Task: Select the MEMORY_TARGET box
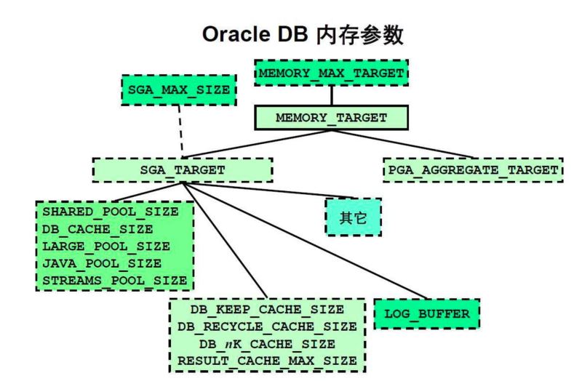tap(331, 117)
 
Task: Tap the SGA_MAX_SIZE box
tap(179, 90)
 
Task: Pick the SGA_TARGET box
tap(183, 169)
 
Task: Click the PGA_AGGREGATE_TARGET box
tap(473, 169)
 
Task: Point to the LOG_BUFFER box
tap(427, 313)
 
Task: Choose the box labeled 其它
tap(354, 216)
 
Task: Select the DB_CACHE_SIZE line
tap(99, 229)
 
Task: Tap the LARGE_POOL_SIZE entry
tap(106, 246)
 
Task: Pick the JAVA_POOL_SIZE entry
tap(103, 262)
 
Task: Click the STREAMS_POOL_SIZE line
tap(114, 279)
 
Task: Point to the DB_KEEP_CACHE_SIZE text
tap(267, 310)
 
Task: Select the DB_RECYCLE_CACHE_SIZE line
tap(267, 326)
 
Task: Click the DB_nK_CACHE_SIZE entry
tap(267, 343)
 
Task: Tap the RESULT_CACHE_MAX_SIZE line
tap(267, 360)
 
